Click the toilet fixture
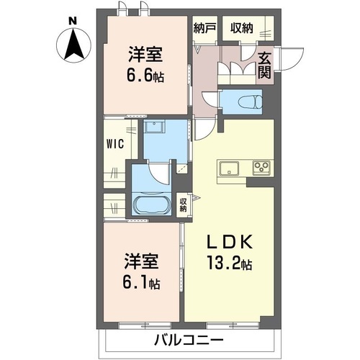click(x=250, y=102)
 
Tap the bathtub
click(x=151, y=204)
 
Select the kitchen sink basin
click(x=229, y=168)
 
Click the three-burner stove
click(x=261, y=167)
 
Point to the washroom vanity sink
click(x=154, y=126)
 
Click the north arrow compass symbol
click(x=73, y=45)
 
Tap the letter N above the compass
click(x=73, y=22)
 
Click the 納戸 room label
click(x=204, y=29)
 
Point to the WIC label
click(x=115, y=144)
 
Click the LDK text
click(x=230, y=241)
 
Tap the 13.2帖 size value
click(x=230, y=263)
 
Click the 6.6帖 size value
click(x=145, y=76)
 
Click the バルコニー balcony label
click(x=189, y=340)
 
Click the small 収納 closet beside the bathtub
click(x=184, y=205)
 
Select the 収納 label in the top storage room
click(x=241, y=29)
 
